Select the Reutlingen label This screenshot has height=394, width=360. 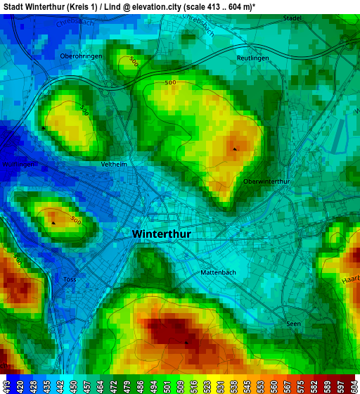click(x=252, y=58)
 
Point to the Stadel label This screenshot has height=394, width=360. click(x=292, y=19)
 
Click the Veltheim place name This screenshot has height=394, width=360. click(x=114, y=164)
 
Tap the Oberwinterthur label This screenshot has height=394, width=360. click(x=266, y=181)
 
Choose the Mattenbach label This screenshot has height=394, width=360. click(x=219, y=272)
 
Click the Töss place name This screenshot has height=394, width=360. click(x=70, y=279)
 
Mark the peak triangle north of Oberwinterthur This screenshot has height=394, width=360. click(x=235, y=148)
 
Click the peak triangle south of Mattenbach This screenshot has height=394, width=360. click(x=186, y=343)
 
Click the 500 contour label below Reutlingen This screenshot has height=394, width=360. click(x=170, y=83)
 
